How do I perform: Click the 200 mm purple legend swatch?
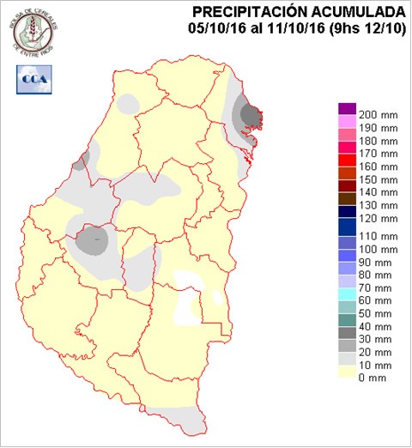(347, 108)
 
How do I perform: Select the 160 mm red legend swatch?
(347, 160)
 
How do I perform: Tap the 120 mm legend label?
(378, 219)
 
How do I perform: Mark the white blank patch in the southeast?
(190, 296)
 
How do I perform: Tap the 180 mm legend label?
(378, 140)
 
